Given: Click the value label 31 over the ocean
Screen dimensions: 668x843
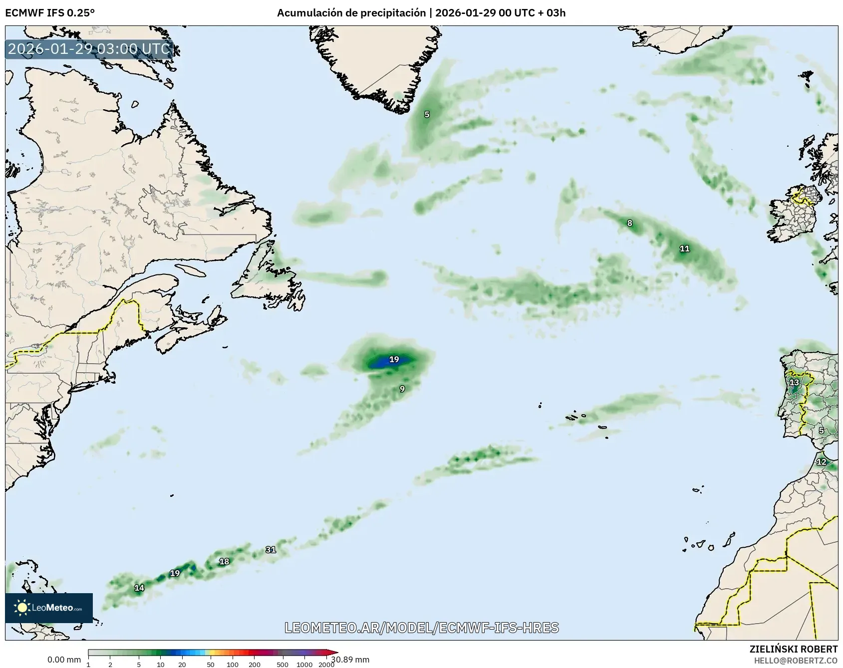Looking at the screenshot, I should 271,550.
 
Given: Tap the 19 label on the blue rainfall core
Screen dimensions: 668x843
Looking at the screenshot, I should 394,359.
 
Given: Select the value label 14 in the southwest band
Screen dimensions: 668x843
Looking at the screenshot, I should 139,588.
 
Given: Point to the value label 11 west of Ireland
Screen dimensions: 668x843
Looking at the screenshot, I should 684,248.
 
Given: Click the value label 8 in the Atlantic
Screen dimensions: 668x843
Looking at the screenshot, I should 629,223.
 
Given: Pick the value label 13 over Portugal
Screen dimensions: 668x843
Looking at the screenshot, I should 794,383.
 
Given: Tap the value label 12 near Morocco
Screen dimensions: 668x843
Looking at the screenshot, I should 821,462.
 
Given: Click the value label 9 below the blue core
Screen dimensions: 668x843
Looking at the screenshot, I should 402,389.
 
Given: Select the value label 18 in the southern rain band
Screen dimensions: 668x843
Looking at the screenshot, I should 224,561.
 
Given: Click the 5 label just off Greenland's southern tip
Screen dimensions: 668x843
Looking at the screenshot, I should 427,114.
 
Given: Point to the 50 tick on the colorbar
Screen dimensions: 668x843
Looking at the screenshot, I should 211,665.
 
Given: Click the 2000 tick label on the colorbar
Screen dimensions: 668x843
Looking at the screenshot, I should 326,665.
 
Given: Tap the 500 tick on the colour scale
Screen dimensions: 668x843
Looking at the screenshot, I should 282,665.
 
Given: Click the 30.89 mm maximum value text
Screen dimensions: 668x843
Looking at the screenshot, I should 350,660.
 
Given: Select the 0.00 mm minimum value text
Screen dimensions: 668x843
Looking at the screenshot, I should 64,660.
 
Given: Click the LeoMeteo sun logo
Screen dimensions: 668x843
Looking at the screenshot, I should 22,608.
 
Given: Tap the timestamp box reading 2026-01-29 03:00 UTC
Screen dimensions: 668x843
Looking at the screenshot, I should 89,49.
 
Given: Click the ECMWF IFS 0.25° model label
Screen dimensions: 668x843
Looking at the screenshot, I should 49,12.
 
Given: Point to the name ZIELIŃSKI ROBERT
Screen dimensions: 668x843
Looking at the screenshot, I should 794,649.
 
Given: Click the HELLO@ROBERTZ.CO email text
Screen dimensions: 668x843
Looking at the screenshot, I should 796,661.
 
